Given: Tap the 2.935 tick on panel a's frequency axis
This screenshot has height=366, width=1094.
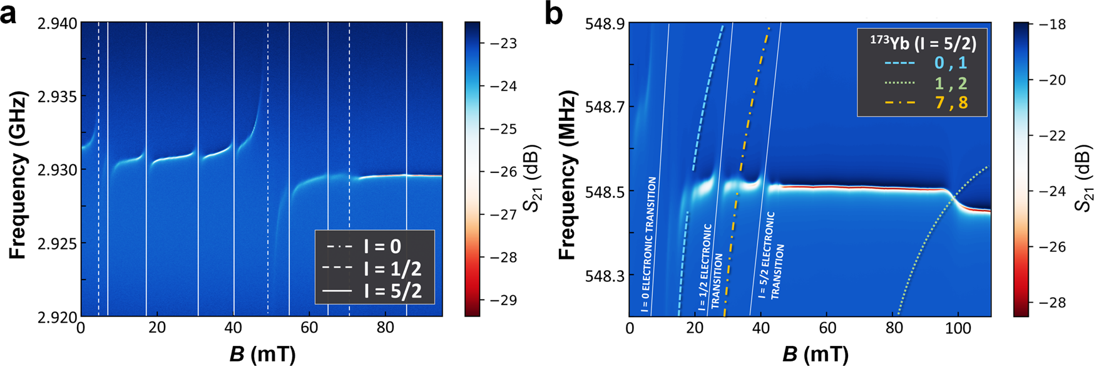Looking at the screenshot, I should (x=58, y=97).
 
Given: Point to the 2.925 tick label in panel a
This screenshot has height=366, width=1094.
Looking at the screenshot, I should (x=58, y=243).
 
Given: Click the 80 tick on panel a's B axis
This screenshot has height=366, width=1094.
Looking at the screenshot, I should (x=386, y=328).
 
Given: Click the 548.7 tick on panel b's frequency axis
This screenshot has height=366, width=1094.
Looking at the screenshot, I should (x=603, y=107).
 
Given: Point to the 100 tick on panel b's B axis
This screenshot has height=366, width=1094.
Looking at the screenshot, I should (x=958, y=328).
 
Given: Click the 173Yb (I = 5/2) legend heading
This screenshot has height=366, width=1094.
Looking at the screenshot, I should (x=923, y=42).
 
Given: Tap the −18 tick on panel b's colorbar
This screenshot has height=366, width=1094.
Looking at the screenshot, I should (x=1049, y=24).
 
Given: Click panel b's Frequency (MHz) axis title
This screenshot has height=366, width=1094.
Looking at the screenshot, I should (x=567, y=175).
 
